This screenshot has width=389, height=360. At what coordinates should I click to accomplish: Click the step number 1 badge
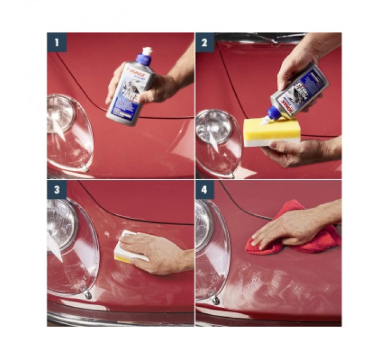click(x=57, y=42)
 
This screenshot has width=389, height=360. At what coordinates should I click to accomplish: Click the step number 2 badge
click(x=205, y=42)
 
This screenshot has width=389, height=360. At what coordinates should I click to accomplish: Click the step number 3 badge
click(x=57, y=191)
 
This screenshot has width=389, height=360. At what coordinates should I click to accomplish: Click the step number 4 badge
click(x=205, y=191)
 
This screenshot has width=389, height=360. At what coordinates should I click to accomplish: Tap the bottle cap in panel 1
click(x=146, y=53)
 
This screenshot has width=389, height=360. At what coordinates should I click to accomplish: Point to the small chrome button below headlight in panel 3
click(x=88, y=295)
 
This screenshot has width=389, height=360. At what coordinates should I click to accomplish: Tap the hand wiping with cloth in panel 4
click(x=286, y=229)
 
